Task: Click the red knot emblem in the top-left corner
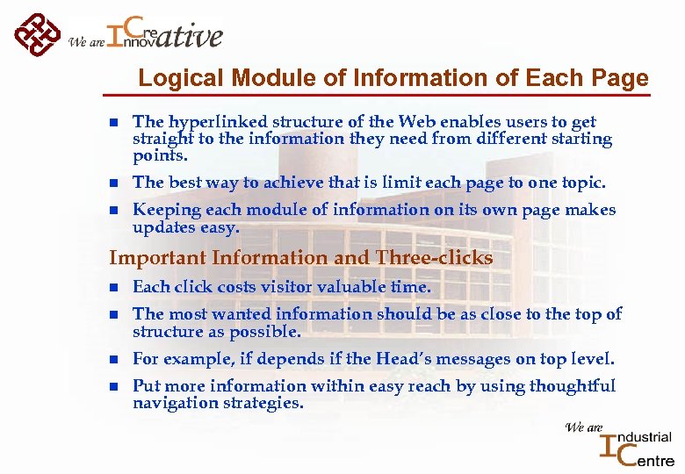click(37, 34)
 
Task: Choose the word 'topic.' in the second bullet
click(580, 183)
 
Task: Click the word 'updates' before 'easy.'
click(162, 227)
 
